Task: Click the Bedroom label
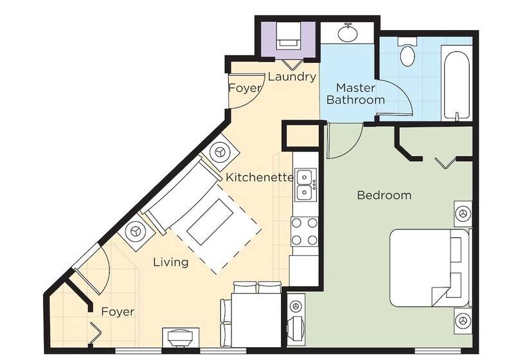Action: pos(384,195)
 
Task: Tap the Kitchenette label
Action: pos(260,177)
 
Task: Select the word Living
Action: pos(171,262)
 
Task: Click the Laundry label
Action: pos(292,76)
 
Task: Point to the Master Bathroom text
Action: pos(355,94)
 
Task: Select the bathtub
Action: pos(456,85)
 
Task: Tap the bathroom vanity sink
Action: pos(348,33)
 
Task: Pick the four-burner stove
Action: pos(305,231)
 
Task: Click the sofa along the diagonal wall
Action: pos(181,197)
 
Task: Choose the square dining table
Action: pos(256,320)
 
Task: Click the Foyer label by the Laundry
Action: pos(245,88)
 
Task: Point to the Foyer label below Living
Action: pos(118,312)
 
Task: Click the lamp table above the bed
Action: pos(463,214)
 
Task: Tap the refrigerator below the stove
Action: pos(304,271)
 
